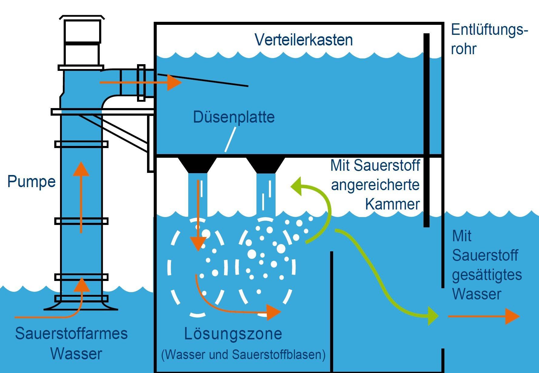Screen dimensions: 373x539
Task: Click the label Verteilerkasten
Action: pyautogui.click(x=303, y=40)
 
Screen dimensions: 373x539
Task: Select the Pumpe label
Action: pyautogui.click(x=32, y=182)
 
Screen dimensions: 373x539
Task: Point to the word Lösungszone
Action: pyautogui.click(x=233, y=334)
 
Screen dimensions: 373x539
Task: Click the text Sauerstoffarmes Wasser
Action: pyautogui.click(x=72, y=343)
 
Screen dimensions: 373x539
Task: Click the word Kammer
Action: pyautogui.click(x=392, y=204)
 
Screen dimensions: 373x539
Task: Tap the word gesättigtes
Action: pyautogui.click(x=487, y=275)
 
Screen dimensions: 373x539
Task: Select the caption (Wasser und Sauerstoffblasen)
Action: pyautogui.click(x=243, y=355)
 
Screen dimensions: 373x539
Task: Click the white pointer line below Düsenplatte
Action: pyautogui.click(x=230, y=140)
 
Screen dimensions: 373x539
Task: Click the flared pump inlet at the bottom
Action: pyautogui.click(x=81, y=304)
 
